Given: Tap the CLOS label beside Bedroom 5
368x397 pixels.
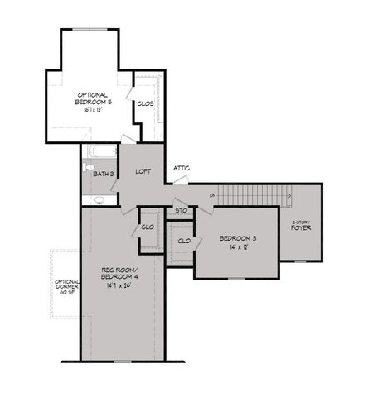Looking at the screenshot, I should (145, 103).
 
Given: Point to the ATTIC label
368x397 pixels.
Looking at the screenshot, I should (182, 168).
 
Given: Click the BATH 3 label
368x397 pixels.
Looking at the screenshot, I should (103, 174).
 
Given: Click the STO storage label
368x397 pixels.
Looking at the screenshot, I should (182, 211).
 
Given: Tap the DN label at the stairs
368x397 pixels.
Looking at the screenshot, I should (213, 195).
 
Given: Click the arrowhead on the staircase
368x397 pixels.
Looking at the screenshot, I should (288, 195).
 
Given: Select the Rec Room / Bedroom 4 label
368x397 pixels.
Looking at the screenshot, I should (120, 273).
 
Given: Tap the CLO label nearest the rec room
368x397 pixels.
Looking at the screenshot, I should (148, 227).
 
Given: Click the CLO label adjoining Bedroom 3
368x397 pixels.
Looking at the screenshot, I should (183, 241).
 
